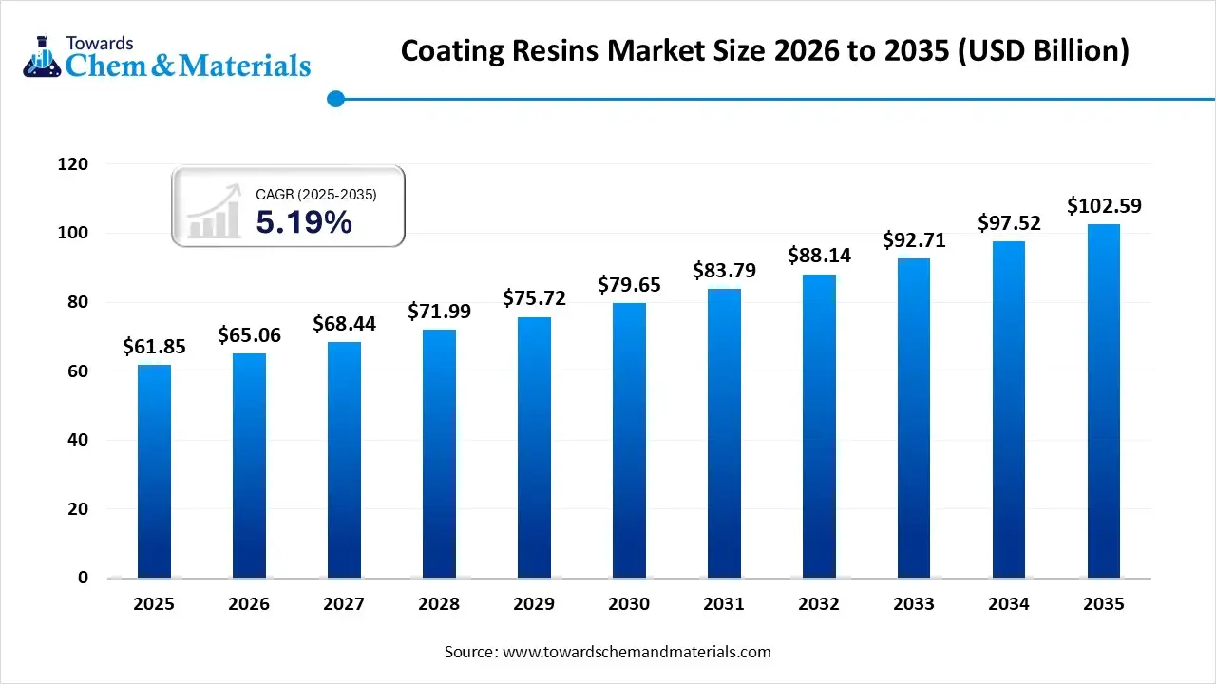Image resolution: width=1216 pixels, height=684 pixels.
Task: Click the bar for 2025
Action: [154, 470]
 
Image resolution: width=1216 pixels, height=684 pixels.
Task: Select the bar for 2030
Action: [629, 440]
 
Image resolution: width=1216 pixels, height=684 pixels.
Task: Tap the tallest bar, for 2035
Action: [1104, 400]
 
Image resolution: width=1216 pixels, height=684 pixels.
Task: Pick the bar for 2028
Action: [439, 453]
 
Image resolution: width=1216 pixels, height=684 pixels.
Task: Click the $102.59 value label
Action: [1104, 205]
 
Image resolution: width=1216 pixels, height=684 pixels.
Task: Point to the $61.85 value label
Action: [154, 347]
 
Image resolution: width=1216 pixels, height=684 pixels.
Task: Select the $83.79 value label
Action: [724, 271]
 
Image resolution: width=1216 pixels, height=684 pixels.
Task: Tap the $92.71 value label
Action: [914, 240]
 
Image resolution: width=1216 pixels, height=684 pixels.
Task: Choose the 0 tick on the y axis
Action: [84, 578]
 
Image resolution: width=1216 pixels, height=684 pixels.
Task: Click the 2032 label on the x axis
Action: [819, 604]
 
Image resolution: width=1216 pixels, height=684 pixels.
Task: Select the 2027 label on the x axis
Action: [344, 604]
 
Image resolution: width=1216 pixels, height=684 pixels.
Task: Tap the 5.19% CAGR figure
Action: [304, 222]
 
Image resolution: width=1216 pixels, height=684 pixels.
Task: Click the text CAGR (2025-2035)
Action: [316, 195]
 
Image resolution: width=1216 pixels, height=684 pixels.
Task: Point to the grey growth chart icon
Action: [214, 212]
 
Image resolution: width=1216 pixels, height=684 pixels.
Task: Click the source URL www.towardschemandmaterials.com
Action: [636, 652]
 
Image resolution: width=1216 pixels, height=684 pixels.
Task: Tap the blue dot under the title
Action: [335, 98]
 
